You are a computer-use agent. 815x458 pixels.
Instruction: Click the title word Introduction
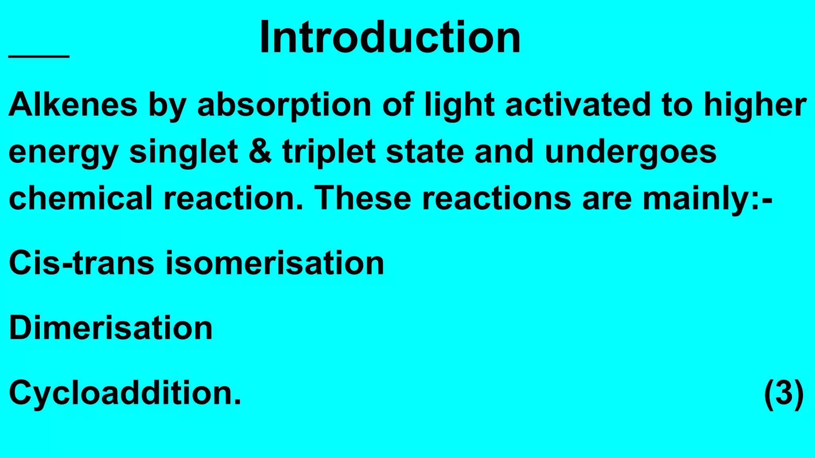click(390, 38)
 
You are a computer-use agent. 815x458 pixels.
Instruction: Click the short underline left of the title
click(39, 57)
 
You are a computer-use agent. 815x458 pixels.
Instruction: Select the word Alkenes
click(73, 105)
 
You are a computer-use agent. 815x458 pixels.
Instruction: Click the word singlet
click(183, 152)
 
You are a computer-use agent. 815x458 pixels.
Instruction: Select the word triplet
click(329, 152)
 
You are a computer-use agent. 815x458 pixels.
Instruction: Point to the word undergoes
click(631, 152)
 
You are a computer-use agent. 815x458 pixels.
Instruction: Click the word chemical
click(81, 198)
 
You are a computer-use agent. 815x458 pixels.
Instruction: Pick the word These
click(363, 198)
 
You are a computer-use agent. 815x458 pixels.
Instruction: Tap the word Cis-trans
click(81, 263)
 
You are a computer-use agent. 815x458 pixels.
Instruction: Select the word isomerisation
click(275, 263)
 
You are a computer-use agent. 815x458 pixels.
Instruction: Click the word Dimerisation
click(111, 328)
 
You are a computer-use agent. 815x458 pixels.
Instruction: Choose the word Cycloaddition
click(125, 393)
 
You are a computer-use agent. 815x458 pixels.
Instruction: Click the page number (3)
click(784, 393)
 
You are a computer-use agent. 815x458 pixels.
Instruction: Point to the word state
click(425, 152)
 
